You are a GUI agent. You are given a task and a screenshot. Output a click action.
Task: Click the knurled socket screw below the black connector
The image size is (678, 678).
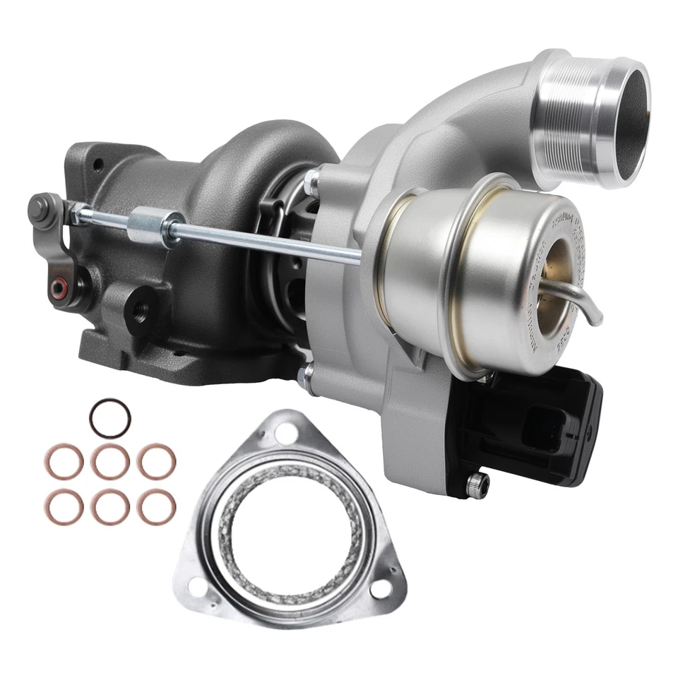click(478, 484)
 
